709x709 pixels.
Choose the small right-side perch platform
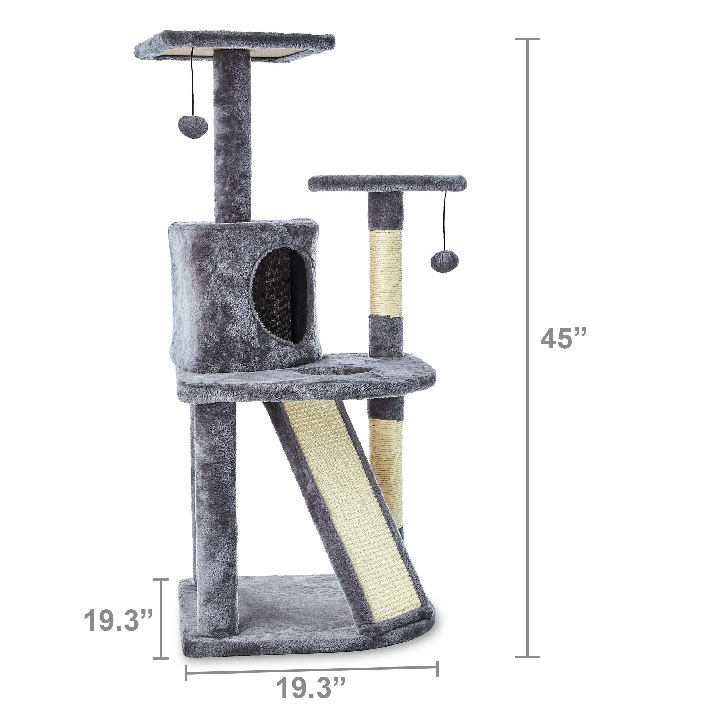[387, 184]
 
